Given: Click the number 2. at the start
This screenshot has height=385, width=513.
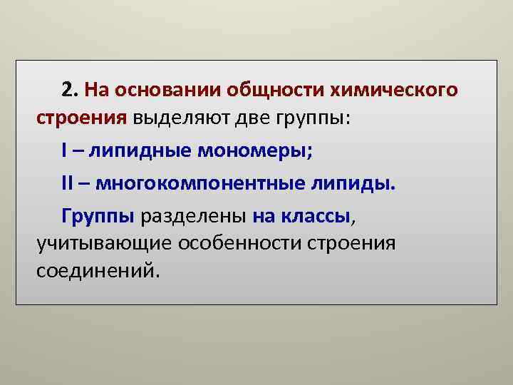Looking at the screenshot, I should coord(70,91).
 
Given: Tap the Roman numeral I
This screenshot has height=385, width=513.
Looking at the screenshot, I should coord(65,151).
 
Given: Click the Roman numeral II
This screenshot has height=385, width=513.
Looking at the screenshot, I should coord(68,185).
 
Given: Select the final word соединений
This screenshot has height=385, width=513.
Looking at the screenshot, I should coord(94,269).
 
